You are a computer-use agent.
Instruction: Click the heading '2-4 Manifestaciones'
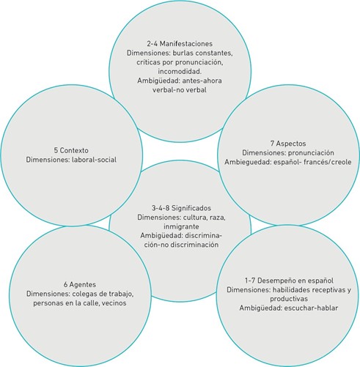pos(180,44)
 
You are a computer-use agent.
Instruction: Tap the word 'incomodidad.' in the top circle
pos(180,72)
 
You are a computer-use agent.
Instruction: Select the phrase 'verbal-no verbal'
pos(180,90)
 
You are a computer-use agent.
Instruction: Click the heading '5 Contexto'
pos(71,150)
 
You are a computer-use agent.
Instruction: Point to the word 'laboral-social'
pos(95,160)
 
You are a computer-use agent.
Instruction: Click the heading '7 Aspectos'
pos(288,144)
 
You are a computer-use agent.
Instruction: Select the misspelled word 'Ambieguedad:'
pos(248,162)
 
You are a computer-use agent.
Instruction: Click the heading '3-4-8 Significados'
pos(181,208)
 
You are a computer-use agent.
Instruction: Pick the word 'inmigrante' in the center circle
pos(181,226)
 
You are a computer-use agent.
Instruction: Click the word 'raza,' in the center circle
pos(218,218)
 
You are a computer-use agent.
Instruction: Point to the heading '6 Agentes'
pos(80,284)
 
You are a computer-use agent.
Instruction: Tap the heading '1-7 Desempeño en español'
pos(289,281)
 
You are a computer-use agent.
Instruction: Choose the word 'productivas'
pos(289,299)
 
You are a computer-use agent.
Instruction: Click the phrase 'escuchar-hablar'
pos(311,308)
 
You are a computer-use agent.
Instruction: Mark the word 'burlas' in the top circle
pos(183,53)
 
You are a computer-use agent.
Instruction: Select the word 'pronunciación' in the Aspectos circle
pos(311,153)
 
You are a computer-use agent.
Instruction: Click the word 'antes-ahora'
pos(202,81)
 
